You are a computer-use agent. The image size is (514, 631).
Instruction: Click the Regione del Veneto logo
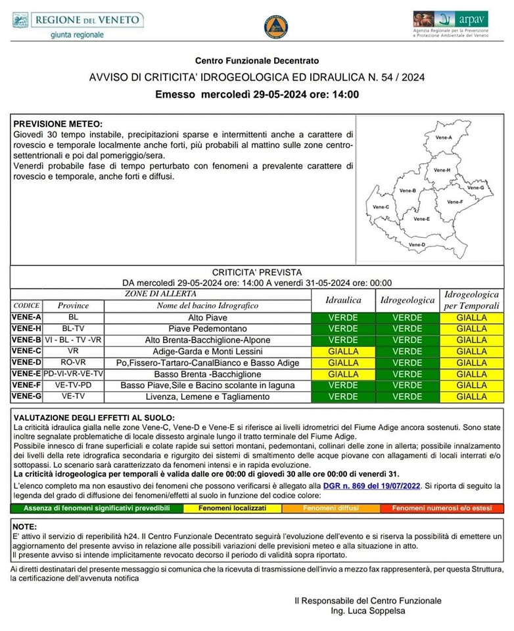click(x=78, y=24)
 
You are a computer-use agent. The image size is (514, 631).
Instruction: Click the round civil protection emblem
click(x=276, y=27)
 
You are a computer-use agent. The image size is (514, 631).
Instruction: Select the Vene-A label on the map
click(x=444, y=137)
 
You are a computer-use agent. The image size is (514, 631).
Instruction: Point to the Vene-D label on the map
click(x=417, y=245)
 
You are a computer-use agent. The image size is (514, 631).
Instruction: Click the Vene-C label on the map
click(x=381, y=207)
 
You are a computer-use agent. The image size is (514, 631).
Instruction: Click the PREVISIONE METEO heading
click(x=58, y=124)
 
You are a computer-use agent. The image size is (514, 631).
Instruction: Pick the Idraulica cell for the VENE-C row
click(x=342, y=352)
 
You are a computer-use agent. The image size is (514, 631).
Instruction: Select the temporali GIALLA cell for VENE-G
click(x=471, y=397)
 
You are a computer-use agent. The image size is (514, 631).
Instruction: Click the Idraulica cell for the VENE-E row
click(x=342, y=374)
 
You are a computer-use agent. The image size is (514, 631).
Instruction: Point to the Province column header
click(x=72, y=306)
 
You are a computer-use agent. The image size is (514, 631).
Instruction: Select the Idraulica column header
click(x=342, y=300)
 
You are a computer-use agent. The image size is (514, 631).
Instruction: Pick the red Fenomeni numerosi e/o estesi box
click(x=442, y=508)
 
